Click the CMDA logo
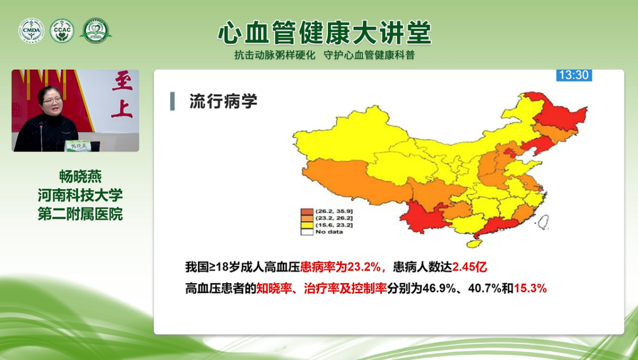(x=31, y=31)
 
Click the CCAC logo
(x=62, y=31)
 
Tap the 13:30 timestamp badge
(x=574, y=75)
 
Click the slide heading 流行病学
(x=223, y=101)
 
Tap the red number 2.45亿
(x=470, y=267)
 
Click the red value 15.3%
(x=530, y=288)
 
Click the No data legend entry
(x=329, y=232)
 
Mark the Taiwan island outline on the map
(x=543, y=222)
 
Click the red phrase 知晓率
(x=272, y=288)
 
